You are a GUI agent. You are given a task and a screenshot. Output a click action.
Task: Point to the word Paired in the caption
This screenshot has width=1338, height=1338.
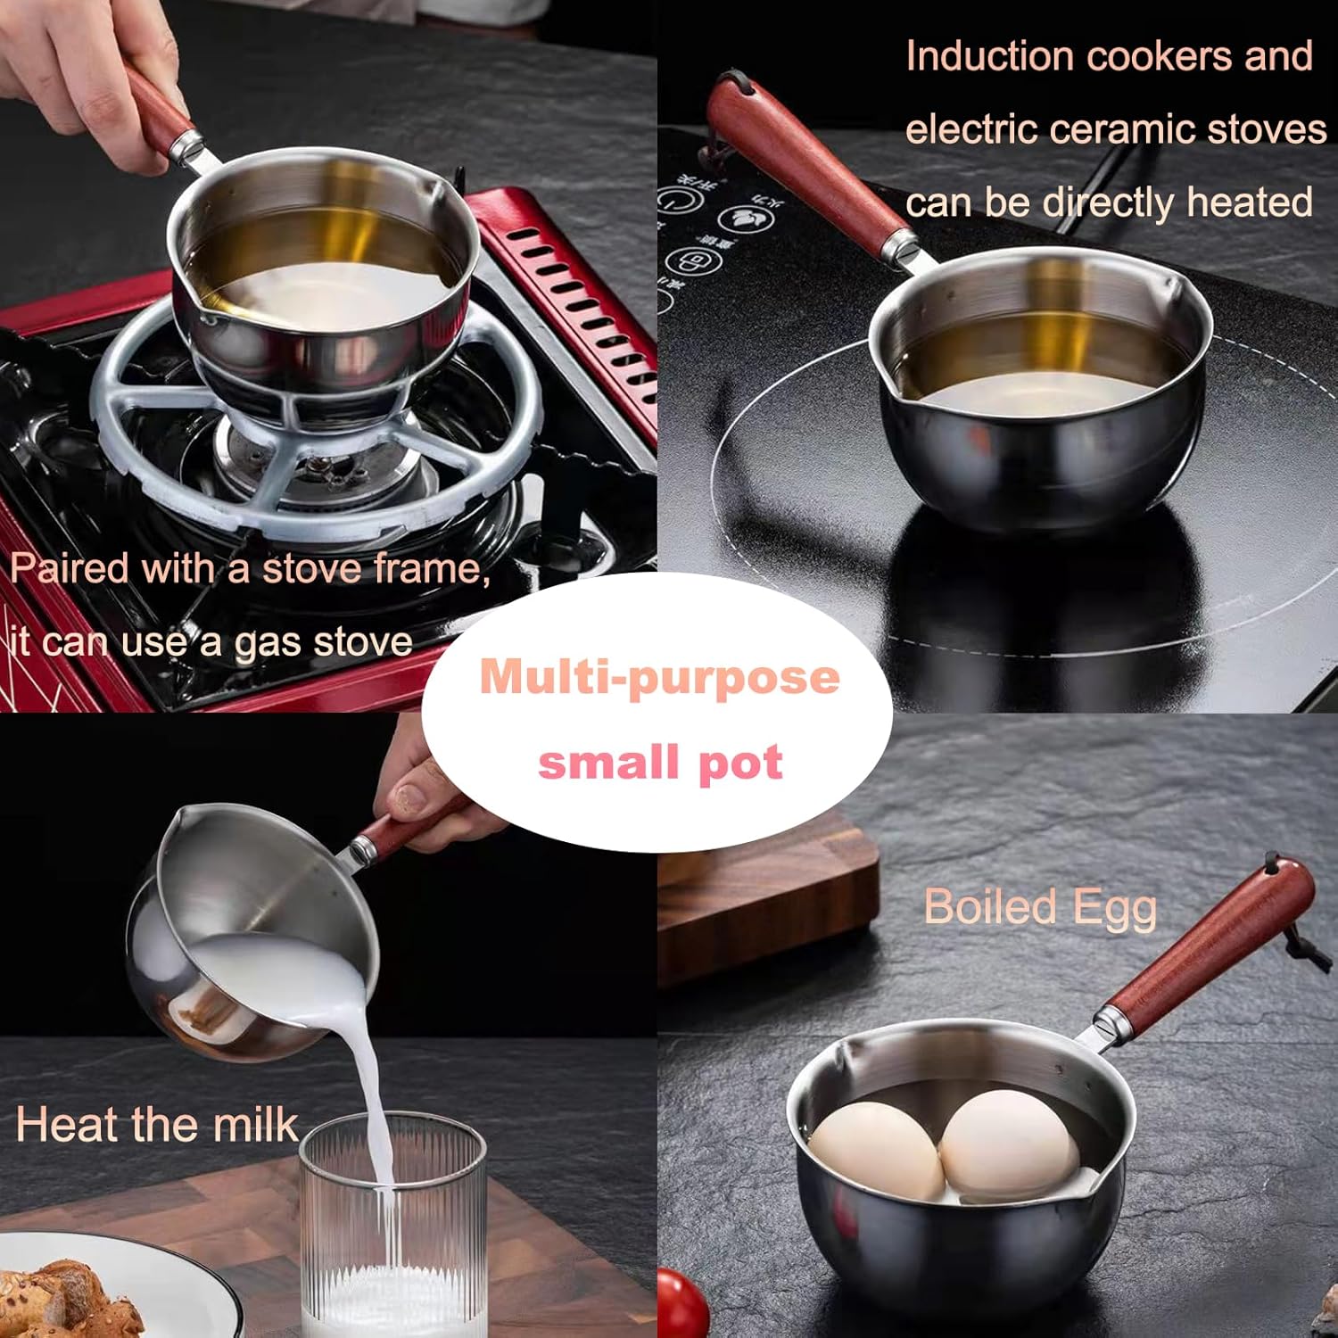(70, 568)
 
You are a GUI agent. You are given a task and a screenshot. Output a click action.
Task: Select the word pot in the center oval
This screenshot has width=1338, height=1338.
(740, 763)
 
